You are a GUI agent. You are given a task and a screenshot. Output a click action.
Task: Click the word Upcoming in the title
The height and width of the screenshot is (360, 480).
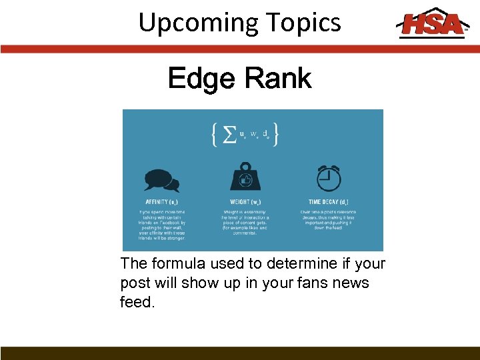point(189,23)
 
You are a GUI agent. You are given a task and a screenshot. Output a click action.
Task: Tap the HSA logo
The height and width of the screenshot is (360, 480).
point(431,23)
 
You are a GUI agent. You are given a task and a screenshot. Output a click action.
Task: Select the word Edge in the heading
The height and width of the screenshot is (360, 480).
point(201,79)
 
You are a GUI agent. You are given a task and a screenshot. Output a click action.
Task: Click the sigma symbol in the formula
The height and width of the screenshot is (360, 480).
point(229,135)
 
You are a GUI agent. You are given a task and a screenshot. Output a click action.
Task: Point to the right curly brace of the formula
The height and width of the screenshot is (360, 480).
point(275,135)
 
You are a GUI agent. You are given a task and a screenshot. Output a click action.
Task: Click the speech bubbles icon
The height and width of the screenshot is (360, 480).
point(161,180)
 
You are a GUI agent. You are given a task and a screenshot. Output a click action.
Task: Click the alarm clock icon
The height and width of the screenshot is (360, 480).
point(328,178)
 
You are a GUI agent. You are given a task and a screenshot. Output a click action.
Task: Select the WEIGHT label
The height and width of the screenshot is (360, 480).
point(245,202)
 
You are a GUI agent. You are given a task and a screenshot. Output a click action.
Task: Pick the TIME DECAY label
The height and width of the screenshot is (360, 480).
point(328,202)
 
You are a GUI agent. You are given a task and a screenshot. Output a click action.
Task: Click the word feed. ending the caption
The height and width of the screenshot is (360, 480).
point(137,302)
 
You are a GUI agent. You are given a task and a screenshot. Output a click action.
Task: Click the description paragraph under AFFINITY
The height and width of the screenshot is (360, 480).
point(162,225)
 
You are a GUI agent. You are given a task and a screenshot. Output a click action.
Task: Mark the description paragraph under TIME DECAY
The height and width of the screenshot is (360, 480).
point(328,219)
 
